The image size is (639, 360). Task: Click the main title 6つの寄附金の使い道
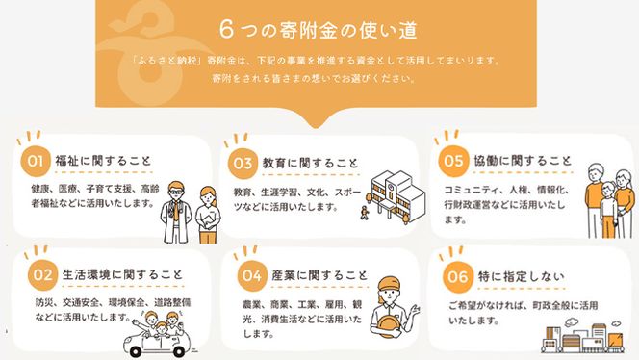coord(319,29)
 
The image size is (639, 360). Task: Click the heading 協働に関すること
coord(520,159)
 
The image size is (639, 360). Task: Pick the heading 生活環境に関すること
coord(121,274)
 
